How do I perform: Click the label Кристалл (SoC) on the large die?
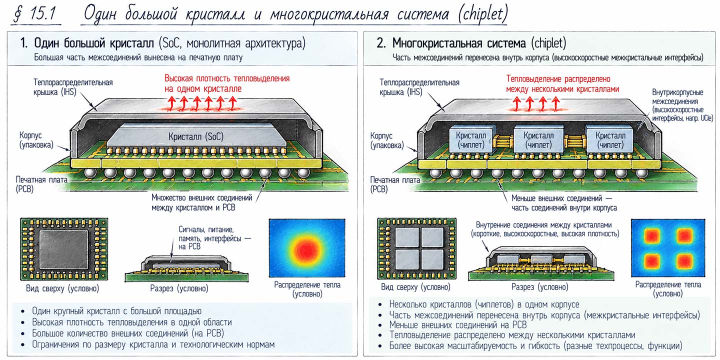click(196, 136)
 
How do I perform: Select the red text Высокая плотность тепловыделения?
click(227, 78)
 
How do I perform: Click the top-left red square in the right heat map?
click(652, 236)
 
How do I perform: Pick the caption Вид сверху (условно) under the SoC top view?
click(62, 288)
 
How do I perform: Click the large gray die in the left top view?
click(63, 250)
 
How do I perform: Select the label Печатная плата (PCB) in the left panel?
click(41, 184)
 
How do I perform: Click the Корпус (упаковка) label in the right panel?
click(387, 140)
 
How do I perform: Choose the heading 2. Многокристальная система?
click(451, 43)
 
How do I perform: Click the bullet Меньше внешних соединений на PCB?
click(457, 324)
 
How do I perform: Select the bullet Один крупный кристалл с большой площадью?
click(116, 311)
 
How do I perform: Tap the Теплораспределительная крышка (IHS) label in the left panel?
click(73, 87)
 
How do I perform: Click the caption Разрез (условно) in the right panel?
click(539, 286)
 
